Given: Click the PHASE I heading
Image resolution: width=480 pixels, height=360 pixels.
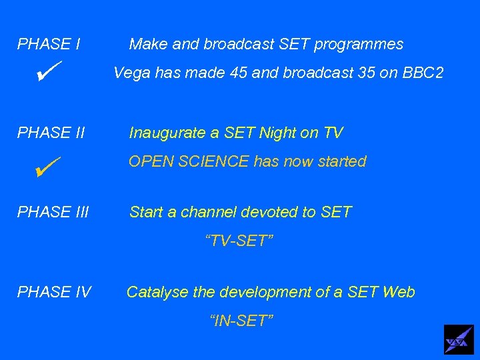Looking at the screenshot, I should [x=49, y=45].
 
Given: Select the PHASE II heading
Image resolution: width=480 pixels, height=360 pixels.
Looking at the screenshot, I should [x=51, y=133].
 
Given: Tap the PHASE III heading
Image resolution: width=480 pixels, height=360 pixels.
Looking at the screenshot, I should [x=53, y=213].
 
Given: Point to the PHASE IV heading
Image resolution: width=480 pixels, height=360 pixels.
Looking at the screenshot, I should [x=54, y=292].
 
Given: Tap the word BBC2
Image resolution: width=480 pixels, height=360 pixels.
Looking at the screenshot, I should [x=421, y=73].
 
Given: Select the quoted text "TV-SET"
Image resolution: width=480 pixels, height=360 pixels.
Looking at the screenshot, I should [x=239, y=241].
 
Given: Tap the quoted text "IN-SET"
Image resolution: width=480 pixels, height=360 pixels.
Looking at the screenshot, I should [x=241, y=321].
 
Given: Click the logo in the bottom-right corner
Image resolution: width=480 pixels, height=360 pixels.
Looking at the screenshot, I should [x=459, y=340].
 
